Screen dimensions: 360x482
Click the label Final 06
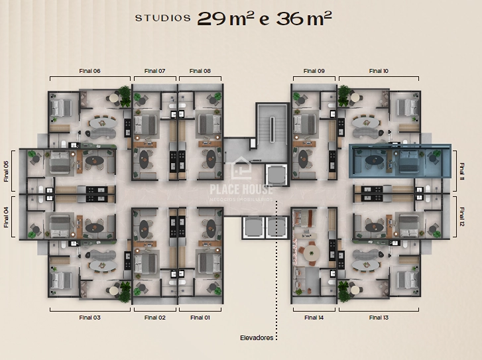click(x=91, y=71)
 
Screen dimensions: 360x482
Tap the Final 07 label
click(x=155, y=71)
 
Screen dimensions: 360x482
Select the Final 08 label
click(x=200, y=71)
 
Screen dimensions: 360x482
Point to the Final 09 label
click(x=314, y=71)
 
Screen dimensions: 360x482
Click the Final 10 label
click(x=379, y=71)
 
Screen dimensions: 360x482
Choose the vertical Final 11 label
click(x=462, y=170)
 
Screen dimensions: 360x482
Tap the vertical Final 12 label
click(x=462, y=217)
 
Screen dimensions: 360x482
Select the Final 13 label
click(x=379, y=318)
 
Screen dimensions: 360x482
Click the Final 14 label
click(x=314, y=318)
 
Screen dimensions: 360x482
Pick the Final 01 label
click(x=200, y=318)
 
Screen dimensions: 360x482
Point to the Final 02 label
click(x=155, y=318)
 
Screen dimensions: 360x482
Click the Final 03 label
click(x=91, y=318)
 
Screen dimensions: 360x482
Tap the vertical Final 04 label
click(x=6, y=217)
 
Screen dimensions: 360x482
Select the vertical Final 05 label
click(x=6, y=170)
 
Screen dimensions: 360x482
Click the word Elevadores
click(x=256, y=337)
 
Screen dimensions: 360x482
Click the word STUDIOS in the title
click(x=163, y=19)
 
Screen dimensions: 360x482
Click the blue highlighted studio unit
click(x=400, y=161)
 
